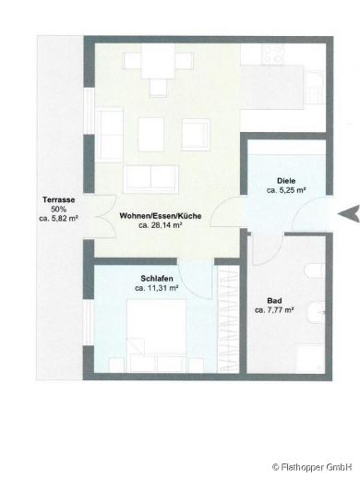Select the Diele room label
pos(286,181)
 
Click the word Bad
pos(274,301)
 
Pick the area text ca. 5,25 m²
pos(286,190)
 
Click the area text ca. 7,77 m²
pos(274,310)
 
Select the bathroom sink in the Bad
pos(316,309)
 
